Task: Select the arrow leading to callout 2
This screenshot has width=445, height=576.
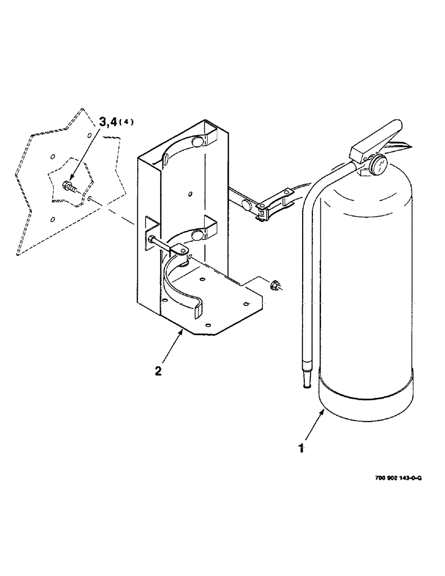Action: (168, 348)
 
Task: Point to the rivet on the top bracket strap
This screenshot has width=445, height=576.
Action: (196, 142)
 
